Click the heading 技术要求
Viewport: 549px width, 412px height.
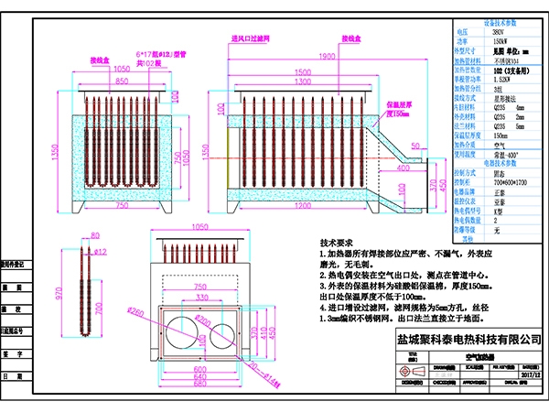click(336, 244)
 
